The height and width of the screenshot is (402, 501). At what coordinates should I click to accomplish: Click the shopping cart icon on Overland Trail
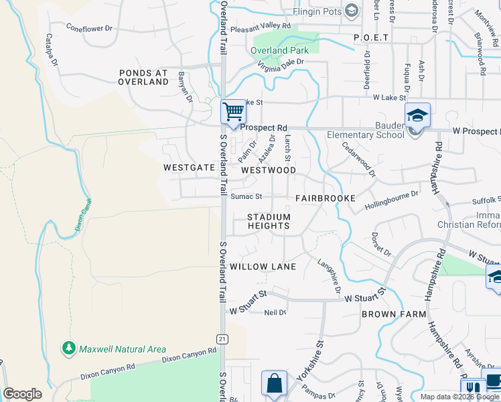click(233, 111)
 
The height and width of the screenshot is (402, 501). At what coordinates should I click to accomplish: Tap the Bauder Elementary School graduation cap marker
click(417, 116)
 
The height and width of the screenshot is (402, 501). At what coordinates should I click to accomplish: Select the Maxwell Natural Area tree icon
click(68, 348)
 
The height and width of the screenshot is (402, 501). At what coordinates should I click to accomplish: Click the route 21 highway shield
click(223, 339)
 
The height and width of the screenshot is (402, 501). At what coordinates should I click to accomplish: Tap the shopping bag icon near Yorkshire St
click(274, 385)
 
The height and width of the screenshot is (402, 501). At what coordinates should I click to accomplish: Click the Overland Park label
click(280, 50)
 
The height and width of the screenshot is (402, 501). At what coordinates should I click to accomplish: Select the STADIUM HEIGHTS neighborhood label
click(269, 222)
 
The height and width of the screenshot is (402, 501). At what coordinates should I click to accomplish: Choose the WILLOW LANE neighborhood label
click(263, 267)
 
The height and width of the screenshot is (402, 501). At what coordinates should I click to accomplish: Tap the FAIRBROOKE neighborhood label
click(326, 199)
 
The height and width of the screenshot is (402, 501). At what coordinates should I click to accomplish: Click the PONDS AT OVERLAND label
click(143, 77)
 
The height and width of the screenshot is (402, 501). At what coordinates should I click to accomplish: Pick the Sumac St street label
click(246, 196)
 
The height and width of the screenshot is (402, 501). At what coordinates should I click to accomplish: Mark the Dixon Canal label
click(83, 214)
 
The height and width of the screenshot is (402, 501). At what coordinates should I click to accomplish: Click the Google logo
click(23, 394)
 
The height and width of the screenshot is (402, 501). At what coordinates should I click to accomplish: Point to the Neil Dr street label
click(275, 313)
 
